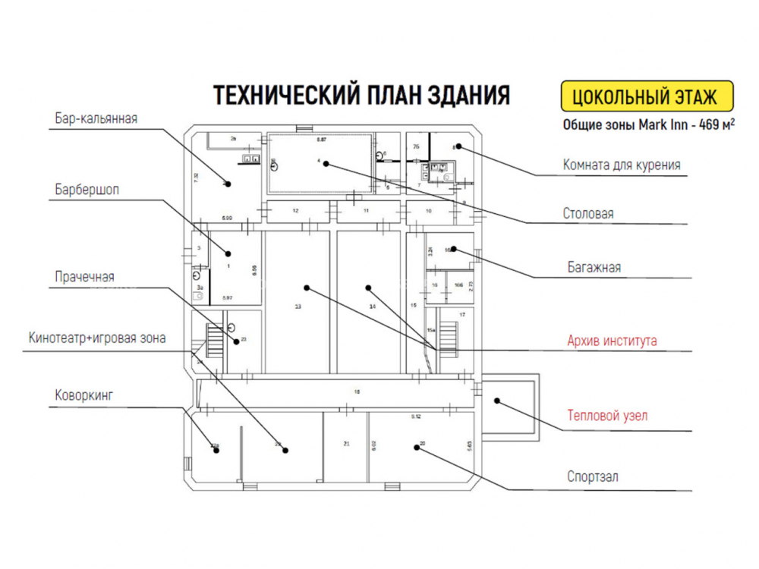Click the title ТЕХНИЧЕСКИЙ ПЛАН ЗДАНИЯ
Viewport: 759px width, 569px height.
pos(361,96)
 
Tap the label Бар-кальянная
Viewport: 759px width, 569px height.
pos(96,118)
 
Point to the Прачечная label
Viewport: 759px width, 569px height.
pos(84,276)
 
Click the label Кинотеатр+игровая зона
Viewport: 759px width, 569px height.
pos(96,338)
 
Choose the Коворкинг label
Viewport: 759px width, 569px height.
pos(83,395)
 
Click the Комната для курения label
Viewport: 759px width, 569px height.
pos(621,165)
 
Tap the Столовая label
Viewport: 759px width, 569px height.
pos(588,213)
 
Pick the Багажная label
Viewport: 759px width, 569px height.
pos(594,267)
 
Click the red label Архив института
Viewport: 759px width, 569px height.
pos(612,341)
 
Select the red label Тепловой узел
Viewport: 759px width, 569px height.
pos(607,415)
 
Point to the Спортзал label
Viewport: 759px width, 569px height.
pos(592,476)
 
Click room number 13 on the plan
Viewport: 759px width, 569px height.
pos(298,307)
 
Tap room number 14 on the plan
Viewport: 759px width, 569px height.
pos(372,307)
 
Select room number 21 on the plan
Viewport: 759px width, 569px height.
pos(346,444)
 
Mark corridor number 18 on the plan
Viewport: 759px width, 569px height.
pos(357,391)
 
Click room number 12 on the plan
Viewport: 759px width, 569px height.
pos(295,210)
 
